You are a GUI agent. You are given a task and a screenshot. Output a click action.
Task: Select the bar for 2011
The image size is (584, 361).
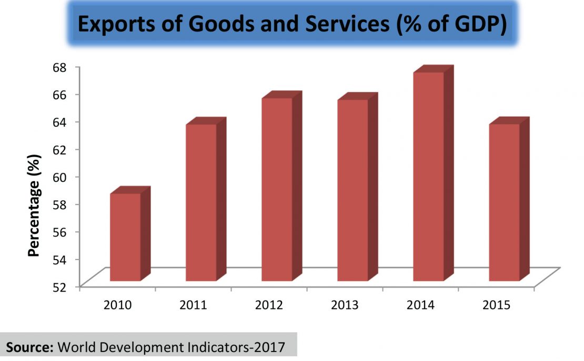tap(201, 202)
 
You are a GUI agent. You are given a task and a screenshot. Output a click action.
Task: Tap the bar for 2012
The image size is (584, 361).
tap(277, 189)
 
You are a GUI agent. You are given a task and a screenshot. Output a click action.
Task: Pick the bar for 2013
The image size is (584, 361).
tap(353, 190)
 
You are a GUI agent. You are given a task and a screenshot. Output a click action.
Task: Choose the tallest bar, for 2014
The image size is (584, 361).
tap(428, 176)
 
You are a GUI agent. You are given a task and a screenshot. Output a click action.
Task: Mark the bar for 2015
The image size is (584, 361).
tap(504, 202)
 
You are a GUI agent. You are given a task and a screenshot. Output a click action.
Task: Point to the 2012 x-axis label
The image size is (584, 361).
tap(269, 305)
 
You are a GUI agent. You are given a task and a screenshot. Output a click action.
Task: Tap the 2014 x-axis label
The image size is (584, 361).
tap(421, 305)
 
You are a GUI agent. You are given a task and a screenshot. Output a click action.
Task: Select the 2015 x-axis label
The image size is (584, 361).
tap(497, 305)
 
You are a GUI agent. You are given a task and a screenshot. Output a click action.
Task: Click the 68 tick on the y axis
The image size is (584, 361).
tap(64, 67)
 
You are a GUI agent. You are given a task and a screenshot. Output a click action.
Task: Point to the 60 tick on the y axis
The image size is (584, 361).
tap(64, 177)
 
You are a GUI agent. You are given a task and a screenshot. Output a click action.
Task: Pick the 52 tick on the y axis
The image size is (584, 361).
tap(64, 286)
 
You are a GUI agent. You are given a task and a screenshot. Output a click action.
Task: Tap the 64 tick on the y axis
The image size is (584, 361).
tap(64, 122)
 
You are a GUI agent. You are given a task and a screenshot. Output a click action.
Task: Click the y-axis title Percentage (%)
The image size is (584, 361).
tap(35, 205)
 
